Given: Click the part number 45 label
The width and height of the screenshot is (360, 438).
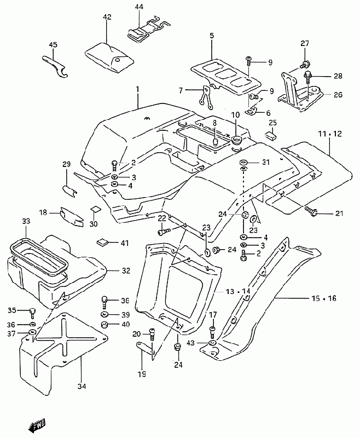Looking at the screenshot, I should [53, 44].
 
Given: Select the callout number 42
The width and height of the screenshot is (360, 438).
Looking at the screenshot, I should [107, 17].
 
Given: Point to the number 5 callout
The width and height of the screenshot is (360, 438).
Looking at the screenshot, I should [211, 36].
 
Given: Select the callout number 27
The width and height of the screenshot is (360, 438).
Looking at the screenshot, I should [305, 43].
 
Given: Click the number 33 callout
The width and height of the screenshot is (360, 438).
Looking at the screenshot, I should [26, 221].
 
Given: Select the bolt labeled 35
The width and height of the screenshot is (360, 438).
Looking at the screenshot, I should [32, 312].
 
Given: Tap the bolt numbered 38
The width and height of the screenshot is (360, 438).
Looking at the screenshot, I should [104, 301].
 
